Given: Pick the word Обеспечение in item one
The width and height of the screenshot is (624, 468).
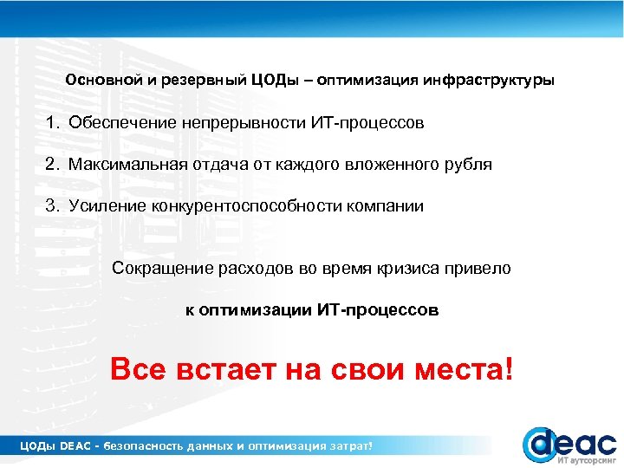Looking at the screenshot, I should (123, 123).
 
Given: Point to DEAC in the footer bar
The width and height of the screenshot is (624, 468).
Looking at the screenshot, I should (76, 445).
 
